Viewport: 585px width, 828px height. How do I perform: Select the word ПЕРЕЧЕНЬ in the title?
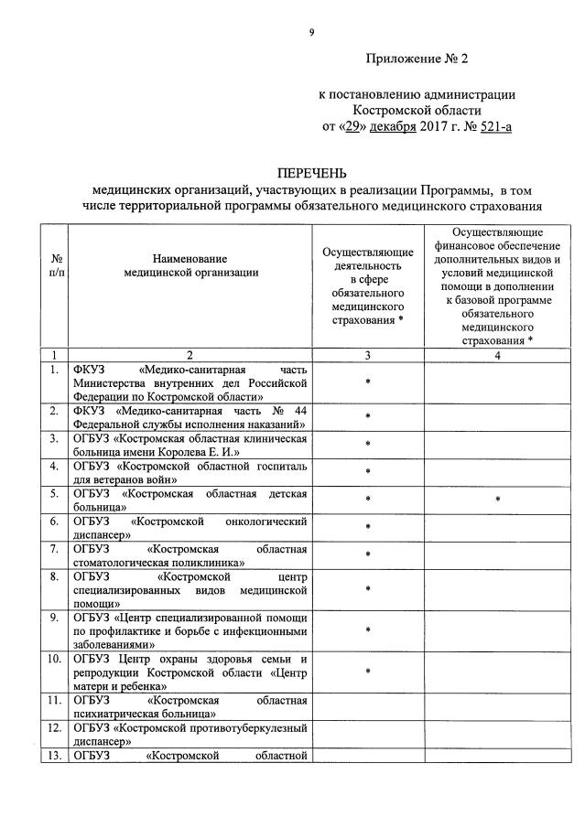coord(313,174)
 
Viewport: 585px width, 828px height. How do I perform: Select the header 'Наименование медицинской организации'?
coord(190,266)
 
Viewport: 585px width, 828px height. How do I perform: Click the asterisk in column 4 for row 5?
coord(497,500)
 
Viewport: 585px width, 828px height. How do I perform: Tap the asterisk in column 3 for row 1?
coord(367,382)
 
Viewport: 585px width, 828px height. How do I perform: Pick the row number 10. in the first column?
coord(54,660)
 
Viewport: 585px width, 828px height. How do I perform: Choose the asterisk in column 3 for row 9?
coord(367,630)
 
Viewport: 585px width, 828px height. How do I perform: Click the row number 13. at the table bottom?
coord(54,755)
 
